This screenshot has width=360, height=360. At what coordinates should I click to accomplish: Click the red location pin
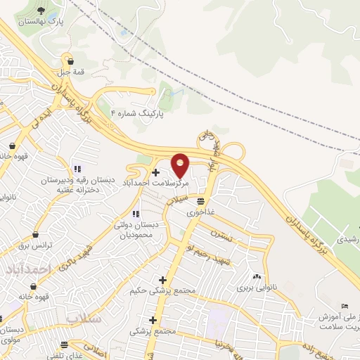[x=181, y=165]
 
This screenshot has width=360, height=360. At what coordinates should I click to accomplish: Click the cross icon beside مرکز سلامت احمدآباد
[x=155, y=172]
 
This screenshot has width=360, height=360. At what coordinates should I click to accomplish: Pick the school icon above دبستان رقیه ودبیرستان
[x=77, y=169]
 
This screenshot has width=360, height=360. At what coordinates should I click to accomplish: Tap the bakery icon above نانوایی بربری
[x=256, y=276]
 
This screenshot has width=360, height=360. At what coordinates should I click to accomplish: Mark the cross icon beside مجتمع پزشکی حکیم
[x=163, y=279]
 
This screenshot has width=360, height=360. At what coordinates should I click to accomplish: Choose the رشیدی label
[x=347, y=239]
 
